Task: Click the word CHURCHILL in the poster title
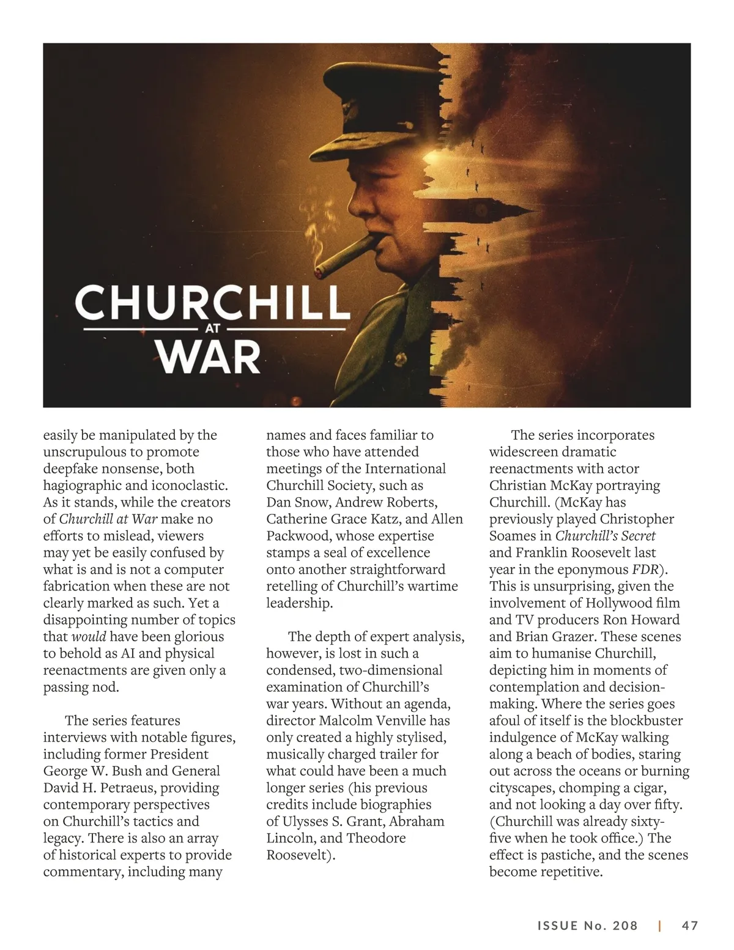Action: [x=212, y=302]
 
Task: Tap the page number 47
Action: [x=690, y=926]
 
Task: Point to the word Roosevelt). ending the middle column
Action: [x=301, y=855]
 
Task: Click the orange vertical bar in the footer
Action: [x=659, y=926]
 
